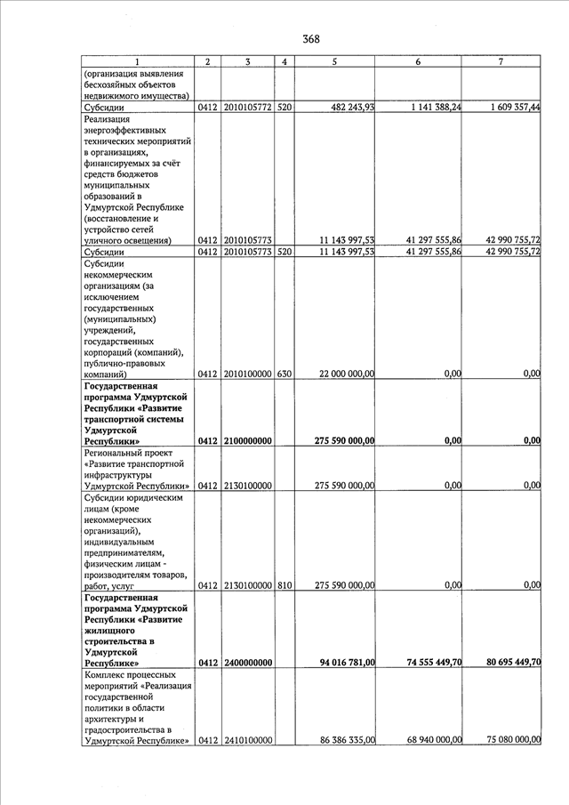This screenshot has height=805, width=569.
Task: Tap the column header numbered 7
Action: [x=501, y=61]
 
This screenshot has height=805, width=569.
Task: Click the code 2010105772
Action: [x=247, y=108]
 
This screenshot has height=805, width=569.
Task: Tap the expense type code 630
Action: [x=284, y=374]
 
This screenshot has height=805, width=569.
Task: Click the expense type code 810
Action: [x=284, y=585]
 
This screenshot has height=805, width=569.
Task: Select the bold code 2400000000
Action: [x=247, y=663]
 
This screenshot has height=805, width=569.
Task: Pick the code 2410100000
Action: [x=247, y=740]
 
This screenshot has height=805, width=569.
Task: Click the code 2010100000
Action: [x=247, y=374]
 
